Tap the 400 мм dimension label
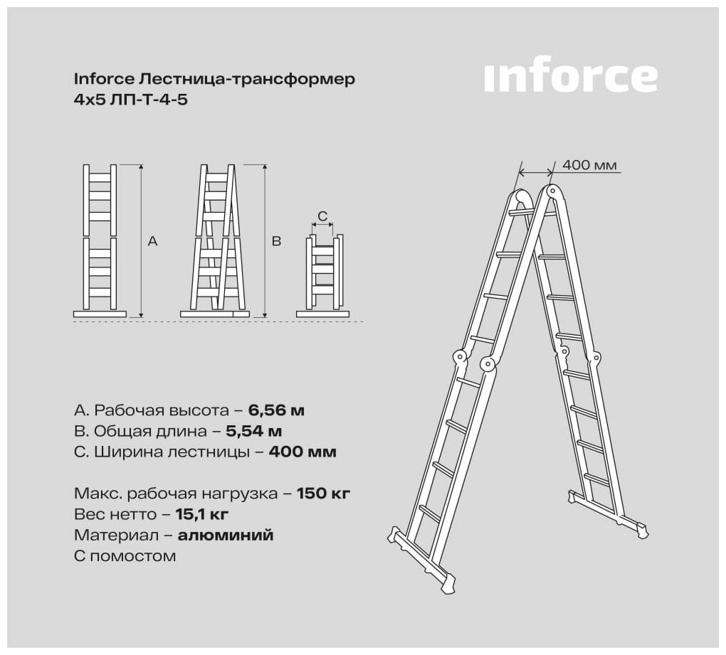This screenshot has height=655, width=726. coord(589,165)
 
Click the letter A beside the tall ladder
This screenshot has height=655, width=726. coord(152,241)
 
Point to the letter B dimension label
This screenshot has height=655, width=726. coord(276,241)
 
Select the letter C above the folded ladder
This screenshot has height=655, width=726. coord(322,216)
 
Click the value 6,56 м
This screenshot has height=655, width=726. coord(276,410)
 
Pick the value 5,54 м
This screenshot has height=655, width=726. coord(253,431)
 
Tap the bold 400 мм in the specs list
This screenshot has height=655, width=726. coord(302,452)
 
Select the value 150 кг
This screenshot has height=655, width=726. coord(323,494)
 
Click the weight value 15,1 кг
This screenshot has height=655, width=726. coord(202,514)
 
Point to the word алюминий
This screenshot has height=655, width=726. coord(226,536)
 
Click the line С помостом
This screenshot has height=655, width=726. coord(125,556)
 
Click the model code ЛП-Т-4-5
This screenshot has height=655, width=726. coord(149,100)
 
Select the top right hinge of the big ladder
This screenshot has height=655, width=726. coord(551,190)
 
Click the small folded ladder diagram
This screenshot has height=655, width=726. coord(322,276)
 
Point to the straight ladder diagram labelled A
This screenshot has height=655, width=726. coord(100,240)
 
